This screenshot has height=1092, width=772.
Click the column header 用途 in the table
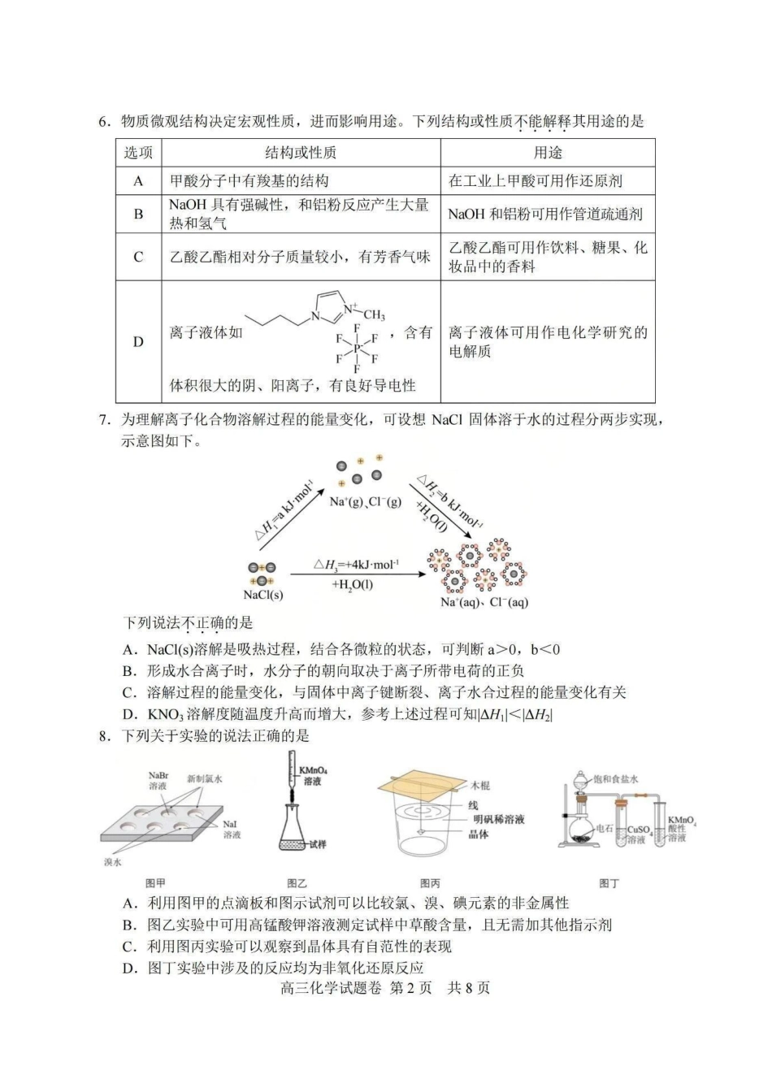[x=548, y=153]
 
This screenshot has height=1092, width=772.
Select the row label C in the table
[x=138, y=257]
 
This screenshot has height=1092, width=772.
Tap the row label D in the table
[x=138, y=341]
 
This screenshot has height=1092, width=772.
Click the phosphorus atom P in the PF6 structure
[x=357, y=348]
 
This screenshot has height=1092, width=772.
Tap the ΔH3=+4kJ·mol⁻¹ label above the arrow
[x=356, y=565]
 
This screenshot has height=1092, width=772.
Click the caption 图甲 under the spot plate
[x=154, y=883]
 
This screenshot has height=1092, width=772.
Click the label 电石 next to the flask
[x=604, y=829]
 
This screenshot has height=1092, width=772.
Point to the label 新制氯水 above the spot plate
[x=205, y=778]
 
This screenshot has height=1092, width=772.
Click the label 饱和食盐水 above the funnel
[x=616, y=778]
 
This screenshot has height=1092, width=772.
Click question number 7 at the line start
[x=104, y=420]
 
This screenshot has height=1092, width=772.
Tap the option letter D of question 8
[x=128, y=968]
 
